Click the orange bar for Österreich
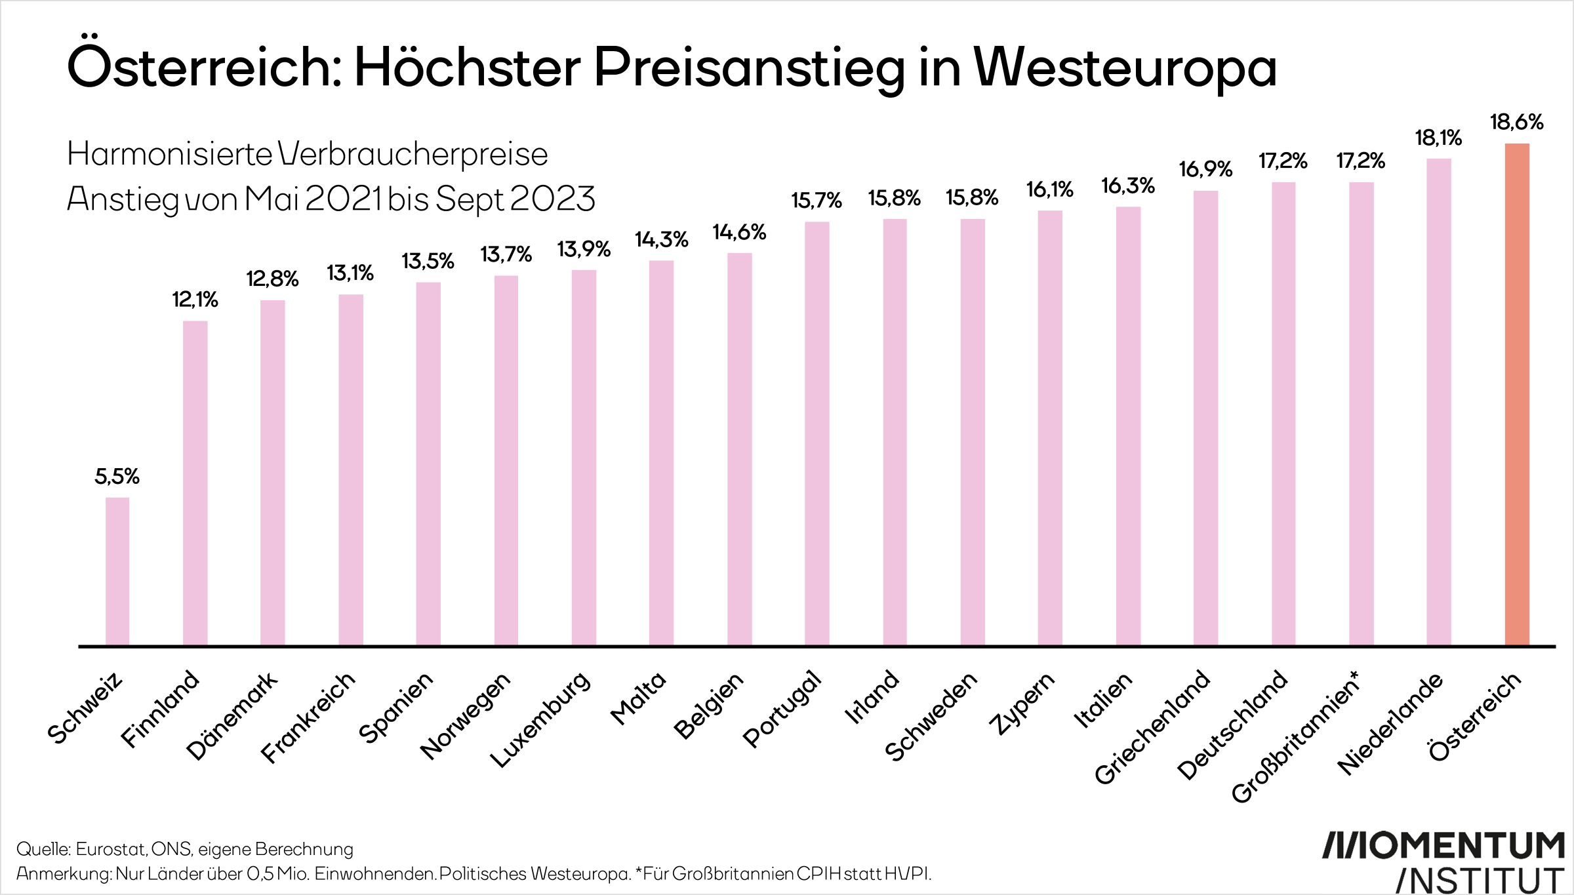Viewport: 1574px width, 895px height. [x=1516, y=393]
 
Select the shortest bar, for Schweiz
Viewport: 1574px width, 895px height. [x=117, y=571]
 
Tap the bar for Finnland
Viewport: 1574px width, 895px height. [x=195, y=483]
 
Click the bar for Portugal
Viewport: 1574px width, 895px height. [x=817, y=433]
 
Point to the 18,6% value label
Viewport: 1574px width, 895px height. [x=1516, y=122]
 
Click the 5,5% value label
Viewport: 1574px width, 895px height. [x=117, y=476]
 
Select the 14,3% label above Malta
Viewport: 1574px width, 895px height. [x=661, y=239]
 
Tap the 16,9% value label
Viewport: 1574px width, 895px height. [x=1205, y=169]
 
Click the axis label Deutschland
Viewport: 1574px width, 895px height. [x=1233, y=725]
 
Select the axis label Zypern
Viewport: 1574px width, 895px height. [x=1022, y=703]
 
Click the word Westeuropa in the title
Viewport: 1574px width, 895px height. [x=1125, y=68]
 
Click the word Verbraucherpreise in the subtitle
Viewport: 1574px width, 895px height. [x=413, y=155]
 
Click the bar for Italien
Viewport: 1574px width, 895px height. [x=1128, y=426]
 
